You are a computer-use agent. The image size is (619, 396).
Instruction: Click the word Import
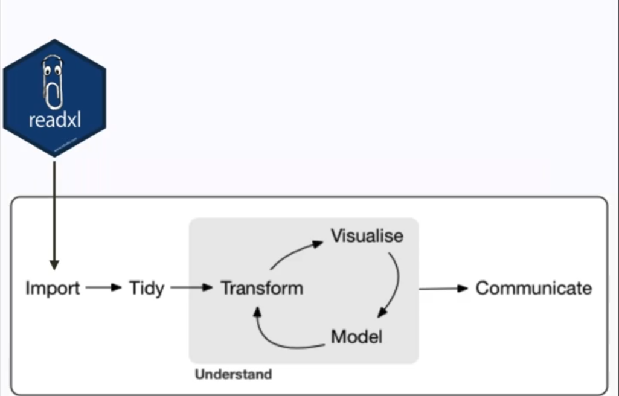[x=53, y=288]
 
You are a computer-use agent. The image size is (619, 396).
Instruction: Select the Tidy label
[x=147, y=288]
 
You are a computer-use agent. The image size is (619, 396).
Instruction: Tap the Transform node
[x=261, y=288]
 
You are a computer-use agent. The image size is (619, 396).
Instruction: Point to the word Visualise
[x=367, y=235]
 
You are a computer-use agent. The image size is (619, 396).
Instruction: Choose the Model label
[x=356, y=336]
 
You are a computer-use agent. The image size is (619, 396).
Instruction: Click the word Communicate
[x=533, y=288]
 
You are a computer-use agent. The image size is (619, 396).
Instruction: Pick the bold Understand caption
[x=233, y=374]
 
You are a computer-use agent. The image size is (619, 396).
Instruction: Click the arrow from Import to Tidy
[x=103, y=288]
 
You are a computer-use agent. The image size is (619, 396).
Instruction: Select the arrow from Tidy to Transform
[x=191, y=288]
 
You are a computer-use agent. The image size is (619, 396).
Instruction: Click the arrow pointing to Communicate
[x=444, y=289]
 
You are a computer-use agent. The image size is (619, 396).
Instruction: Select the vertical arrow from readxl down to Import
[x=54, y=211]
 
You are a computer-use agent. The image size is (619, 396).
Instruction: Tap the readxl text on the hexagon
[x=54, y=121]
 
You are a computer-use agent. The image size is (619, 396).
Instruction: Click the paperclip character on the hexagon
[x=53, y=82]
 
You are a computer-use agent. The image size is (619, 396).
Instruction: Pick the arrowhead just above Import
[x=54, y=265]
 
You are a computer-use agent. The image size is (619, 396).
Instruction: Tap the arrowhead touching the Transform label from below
[x=257, y=311]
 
